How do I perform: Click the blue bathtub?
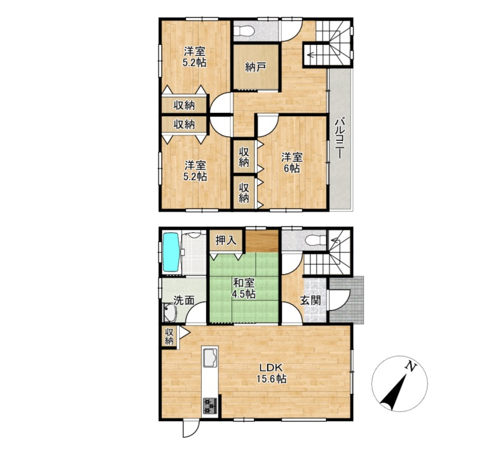172,253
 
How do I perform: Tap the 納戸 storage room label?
254,67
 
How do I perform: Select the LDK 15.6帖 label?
272,373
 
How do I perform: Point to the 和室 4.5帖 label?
243,288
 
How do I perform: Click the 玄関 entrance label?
311,300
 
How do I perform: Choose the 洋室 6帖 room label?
292,163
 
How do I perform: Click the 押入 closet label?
226,241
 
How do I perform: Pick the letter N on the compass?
411,367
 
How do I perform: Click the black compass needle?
394,393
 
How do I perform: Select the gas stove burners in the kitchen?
210,406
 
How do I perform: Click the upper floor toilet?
243,31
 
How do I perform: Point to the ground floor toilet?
315,240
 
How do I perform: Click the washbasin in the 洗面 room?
170,313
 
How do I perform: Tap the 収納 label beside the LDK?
169,336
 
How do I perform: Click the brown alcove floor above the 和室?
262,241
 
